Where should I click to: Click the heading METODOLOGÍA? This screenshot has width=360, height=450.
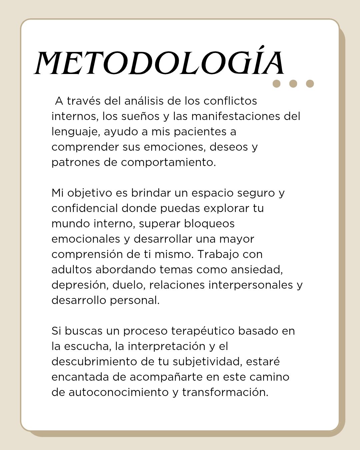click(159, 63)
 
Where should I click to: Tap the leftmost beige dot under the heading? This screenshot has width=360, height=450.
click(276, 84)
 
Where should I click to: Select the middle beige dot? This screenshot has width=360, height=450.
click(293, 84)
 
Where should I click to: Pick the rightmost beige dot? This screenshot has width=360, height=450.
click(310, 84)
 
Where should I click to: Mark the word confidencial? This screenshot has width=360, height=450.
click(85, 208)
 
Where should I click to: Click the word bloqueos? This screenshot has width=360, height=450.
click(209, 224)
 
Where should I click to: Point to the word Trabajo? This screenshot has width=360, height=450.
click(218, 254)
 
